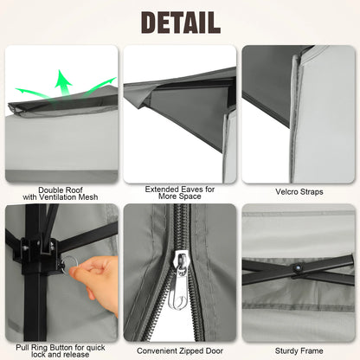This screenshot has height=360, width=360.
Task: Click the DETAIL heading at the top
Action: coord(180,21)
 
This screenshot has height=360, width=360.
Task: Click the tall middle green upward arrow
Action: coord(62,82)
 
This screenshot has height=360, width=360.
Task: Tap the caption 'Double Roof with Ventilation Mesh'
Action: coord(61,194)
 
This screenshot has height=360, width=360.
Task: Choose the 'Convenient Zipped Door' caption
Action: coord(180,350)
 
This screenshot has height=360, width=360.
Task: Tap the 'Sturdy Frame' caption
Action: coord(298,350)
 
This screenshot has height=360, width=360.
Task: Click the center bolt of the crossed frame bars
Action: coord(298,270)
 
